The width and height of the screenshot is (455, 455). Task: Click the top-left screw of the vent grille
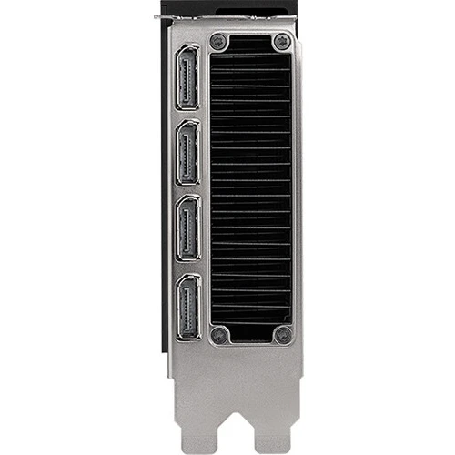tap(217, 42)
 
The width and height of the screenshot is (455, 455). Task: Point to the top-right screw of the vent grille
tap(283, 42)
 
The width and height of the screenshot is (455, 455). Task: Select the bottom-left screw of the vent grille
tap(217, 336)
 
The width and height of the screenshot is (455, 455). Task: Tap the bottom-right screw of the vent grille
tap(283, 336)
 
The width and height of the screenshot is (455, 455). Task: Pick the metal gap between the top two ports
tap(188, 117)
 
